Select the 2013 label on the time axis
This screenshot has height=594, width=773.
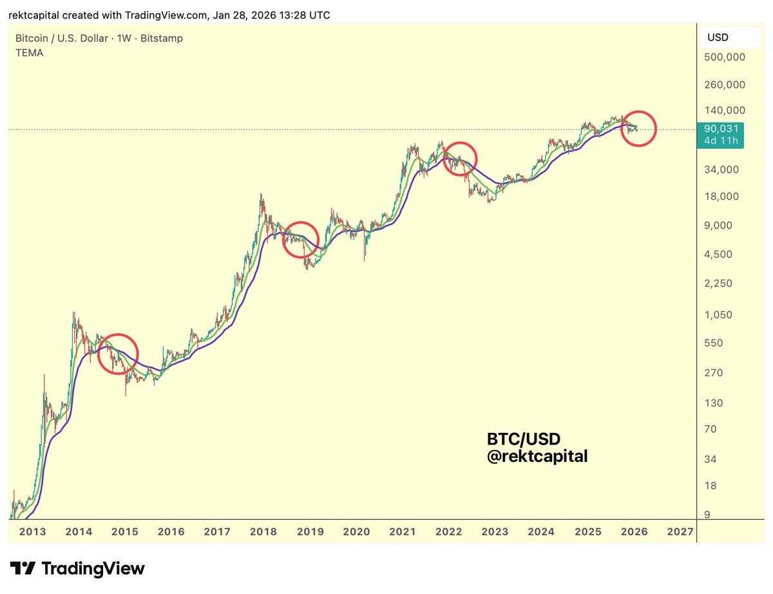33,532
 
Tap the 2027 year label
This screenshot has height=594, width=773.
680,532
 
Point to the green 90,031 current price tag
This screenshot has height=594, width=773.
721,134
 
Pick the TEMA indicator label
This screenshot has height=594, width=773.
30,53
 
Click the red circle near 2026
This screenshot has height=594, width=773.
638,128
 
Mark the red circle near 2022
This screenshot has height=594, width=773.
460,158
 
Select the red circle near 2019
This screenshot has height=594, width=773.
301,240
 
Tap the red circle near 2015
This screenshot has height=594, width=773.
118,353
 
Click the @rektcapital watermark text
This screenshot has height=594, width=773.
537,456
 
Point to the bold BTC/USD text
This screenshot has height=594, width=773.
524,439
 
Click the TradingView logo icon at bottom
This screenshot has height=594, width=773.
23,568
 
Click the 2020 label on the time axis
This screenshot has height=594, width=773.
356,532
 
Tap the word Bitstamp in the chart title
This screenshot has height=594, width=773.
161,38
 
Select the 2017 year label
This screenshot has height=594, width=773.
217,532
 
